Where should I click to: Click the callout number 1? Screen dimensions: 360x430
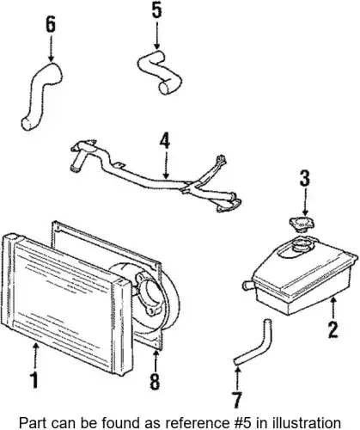(34, 380)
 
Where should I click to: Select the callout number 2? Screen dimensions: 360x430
(333, 330)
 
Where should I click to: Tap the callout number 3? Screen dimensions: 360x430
(305, 178)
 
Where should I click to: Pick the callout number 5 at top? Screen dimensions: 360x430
(156, 10)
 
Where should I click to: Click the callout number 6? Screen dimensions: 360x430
(51, 24)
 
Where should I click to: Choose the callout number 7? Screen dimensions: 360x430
(237, 400)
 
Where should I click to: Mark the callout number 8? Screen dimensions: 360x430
(155, 382)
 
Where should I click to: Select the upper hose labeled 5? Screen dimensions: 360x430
(158, 72)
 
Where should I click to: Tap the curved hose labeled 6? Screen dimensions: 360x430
(43, 95)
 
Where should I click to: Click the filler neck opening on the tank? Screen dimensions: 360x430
(301, 246)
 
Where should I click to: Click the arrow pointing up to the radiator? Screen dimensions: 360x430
(35, 356)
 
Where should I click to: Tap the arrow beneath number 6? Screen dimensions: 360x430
(51, 47)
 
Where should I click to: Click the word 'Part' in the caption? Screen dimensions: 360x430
(30, 423)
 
